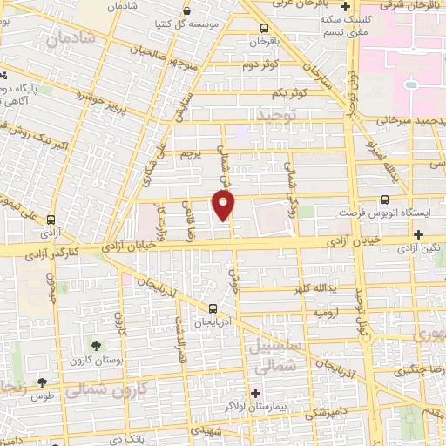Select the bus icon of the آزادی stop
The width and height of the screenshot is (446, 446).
[51, 220]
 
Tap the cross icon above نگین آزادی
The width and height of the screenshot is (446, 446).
[420, 233]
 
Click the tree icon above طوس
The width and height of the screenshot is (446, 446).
[42, 382]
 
